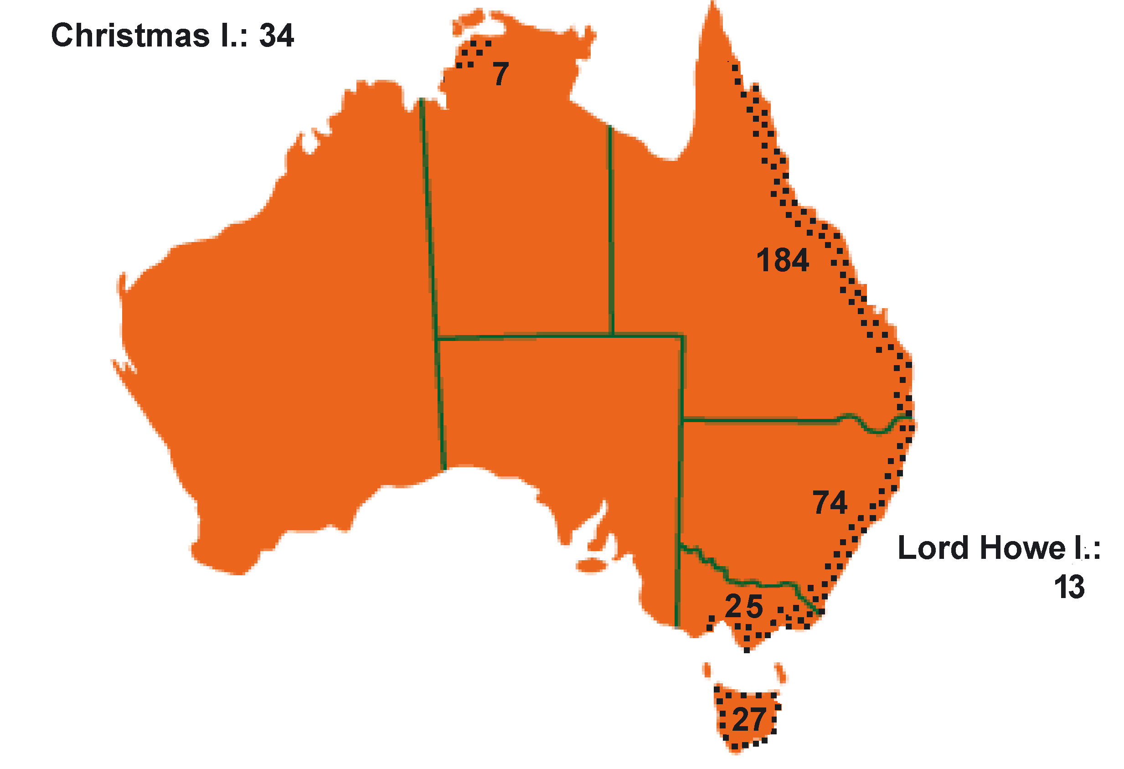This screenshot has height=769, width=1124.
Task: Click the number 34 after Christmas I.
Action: tap(276, 35)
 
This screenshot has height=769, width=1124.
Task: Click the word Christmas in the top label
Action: tap(130, 35)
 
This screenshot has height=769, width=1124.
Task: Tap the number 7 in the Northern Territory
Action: tap(500, 74)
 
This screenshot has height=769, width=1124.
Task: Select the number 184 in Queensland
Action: tap(782, 260)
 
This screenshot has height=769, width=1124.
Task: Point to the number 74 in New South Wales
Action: tap(830, 502)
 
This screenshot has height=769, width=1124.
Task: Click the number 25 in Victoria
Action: tap(744, 606)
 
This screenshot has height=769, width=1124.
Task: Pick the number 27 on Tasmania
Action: tap(749, 720)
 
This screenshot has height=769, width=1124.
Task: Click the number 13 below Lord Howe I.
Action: tap(1069, 587)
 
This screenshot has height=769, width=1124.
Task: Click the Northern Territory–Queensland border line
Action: tap(611, 232)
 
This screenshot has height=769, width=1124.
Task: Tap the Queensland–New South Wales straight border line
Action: tap(759, 421)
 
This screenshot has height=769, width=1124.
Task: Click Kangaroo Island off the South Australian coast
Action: tap(591, 565)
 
